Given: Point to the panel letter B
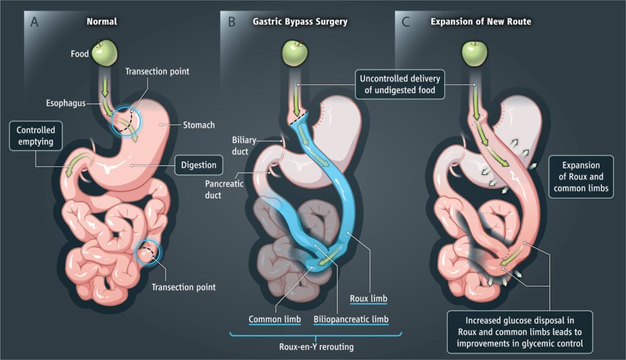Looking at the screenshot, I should (x=232, y=22).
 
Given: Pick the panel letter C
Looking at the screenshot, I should (x=406, y=22).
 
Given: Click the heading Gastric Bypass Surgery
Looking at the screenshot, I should (x=300, y=22).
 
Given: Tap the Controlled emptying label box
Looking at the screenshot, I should (x=35, y=136).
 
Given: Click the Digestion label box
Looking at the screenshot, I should (x=199, y=164).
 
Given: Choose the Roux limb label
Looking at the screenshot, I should (x=368, y=299).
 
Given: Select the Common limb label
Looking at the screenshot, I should (x=270, y=318).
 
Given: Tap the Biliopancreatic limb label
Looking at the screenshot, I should (x=351, y=318).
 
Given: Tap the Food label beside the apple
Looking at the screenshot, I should (x=79, y=54).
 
